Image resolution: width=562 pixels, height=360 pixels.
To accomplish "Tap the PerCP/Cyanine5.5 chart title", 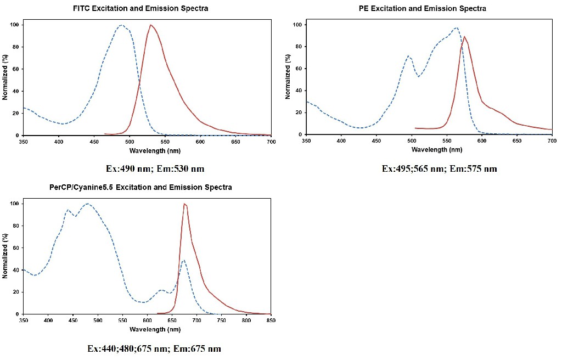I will (141, 187).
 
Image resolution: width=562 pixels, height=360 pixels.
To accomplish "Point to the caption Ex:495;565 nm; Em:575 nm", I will (439, 168).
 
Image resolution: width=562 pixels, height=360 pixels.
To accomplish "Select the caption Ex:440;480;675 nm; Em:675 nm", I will (154, 348).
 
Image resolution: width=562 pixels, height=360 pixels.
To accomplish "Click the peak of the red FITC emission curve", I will (150, 25).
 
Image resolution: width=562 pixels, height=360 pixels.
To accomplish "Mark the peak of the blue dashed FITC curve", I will (121, 25).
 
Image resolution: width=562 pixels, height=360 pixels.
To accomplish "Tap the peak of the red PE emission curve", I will (464, 37).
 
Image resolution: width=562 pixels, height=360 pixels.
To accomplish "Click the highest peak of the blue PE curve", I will (456, 27).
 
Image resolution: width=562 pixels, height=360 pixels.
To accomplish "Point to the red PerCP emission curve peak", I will (184, 204).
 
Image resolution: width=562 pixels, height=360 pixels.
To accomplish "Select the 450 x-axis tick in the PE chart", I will (376, 141).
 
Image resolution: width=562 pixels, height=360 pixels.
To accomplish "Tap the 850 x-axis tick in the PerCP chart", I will (271, 320).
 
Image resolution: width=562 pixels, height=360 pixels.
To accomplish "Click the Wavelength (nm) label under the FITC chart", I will (147, 150).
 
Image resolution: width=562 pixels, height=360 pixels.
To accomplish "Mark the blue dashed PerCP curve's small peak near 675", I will (183, 260).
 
